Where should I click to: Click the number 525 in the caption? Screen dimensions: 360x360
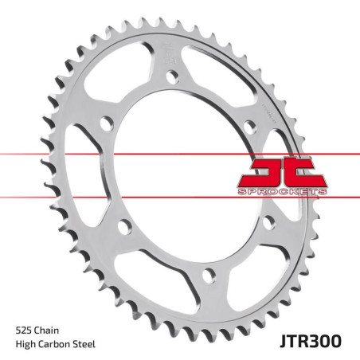click(x=25, y=328)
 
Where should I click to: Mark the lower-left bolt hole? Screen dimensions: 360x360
click(x=123, y=228)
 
